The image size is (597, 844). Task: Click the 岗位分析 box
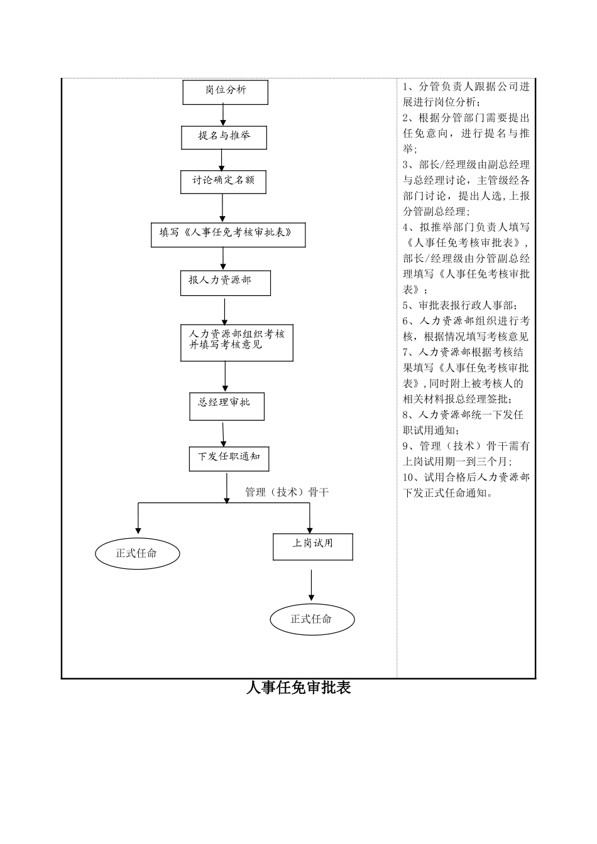tap(226, 92)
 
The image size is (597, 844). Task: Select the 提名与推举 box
tap(224, 137)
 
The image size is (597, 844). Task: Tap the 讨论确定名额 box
tap(224, 181)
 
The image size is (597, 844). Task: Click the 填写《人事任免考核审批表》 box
tap(228, 234)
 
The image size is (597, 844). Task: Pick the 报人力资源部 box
tap(225, 282)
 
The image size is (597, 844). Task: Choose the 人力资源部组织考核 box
tap(237, 342)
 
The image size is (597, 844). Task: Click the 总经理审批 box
tap(227, 406)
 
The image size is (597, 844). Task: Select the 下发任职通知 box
tap(229, 458)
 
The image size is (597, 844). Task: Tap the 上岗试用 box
tap(312, 546)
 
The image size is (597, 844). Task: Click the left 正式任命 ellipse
tap(138, 554)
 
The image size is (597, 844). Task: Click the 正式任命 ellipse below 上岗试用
tap(312, 620)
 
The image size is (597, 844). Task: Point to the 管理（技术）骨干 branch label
tap(287, 492)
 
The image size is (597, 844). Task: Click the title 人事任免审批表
tap(298, 688)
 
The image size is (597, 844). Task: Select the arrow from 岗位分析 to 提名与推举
tap(223, 115)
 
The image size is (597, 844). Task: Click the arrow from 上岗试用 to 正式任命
tap(312, 585)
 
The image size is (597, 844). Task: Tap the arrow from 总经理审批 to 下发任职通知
tap(224, 434)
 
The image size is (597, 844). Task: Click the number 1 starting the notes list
tap(406, 87)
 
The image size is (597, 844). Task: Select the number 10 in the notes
tap(408, 477)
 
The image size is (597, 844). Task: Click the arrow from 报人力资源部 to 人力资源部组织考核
tap(225, 310)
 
